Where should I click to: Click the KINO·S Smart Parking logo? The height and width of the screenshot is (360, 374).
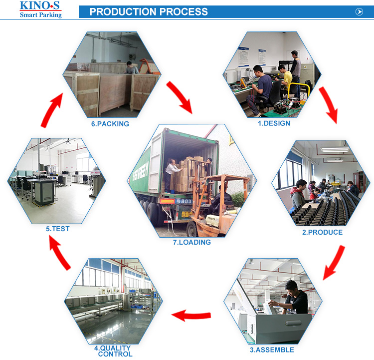pos(40,9)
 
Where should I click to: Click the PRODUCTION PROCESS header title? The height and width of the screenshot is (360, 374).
pos(149,12)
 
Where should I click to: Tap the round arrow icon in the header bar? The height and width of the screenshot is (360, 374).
pos(359,12)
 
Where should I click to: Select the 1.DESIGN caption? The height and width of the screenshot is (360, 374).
pos(274,123)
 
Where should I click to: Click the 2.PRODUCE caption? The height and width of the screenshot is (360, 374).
pos(322,232)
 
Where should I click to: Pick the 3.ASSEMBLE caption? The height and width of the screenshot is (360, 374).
pos(272,350)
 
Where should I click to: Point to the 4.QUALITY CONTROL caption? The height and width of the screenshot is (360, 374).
pos(115,351)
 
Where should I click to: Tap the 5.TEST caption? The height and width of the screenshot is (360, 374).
pos(58,229)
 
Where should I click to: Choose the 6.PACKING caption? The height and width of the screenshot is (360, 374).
pos(110,124)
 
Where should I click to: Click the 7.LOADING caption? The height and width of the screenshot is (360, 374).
pos(192,242)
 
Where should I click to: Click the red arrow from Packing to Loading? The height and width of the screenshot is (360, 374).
pos(180,96)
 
